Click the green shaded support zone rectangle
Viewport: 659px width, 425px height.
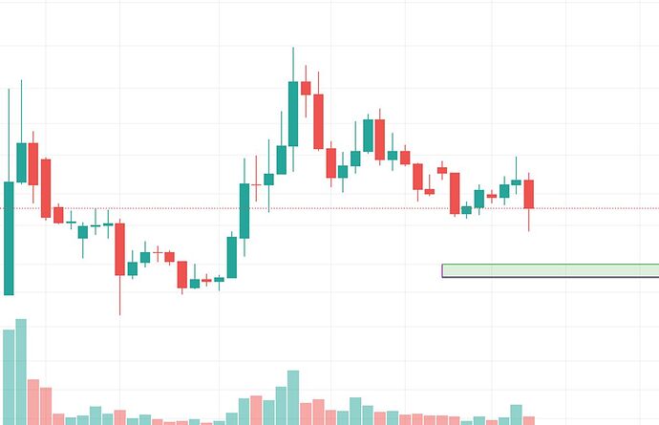550,270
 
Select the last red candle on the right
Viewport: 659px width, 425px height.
528,194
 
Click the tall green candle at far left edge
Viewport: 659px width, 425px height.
9,239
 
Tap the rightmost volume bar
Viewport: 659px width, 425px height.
528,419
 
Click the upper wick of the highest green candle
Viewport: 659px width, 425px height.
293,63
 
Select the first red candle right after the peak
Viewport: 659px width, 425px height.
306,88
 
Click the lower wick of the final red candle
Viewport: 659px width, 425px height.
528,221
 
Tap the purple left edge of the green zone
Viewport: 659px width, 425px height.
442,270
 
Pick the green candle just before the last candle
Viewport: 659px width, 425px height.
517,181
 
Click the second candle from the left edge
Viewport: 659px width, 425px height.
21,162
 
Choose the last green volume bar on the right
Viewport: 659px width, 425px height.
517,414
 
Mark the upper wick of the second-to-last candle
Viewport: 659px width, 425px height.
517,167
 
